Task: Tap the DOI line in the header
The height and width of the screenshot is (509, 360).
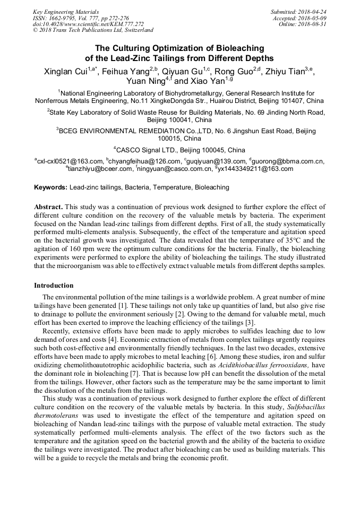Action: pos(88,24)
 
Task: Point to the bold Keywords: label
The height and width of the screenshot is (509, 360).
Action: pos(51,187)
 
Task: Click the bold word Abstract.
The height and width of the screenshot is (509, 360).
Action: pos(48,207)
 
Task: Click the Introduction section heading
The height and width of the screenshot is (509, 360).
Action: pos(54,286)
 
